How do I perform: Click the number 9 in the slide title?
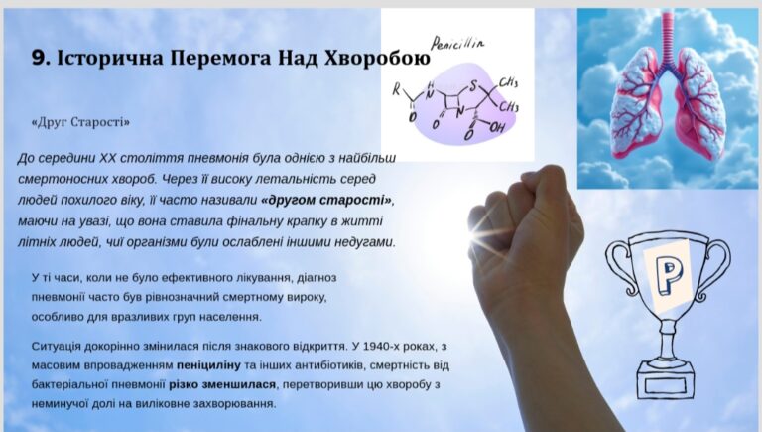point(39,59)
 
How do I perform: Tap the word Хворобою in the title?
point(377,59)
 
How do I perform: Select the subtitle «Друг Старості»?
point(80,122)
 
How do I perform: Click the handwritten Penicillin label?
point(457,44)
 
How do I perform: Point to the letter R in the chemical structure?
point(397,89)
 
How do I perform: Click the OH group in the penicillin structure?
point(497,128)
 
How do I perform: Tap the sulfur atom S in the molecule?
point(472,87)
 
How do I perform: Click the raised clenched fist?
point(525,228)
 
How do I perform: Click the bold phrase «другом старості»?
point(326,200)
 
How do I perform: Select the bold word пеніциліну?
point(208,364)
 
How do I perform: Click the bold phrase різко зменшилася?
point(222,384)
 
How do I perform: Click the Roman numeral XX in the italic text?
point(107,158)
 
